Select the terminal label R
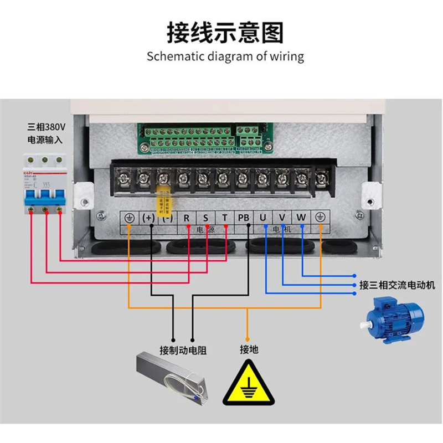(187, 218)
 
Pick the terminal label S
(205, 218)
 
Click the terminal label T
(224, 218)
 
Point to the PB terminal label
(244, 218)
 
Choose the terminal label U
(263, 218)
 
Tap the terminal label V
(282, 218)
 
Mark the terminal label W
(301, 218)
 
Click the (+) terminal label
(148, 218)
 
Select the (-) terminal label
(167, 218)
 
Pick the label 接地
(249, 350)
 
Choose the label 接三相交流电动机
(397, 285)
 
